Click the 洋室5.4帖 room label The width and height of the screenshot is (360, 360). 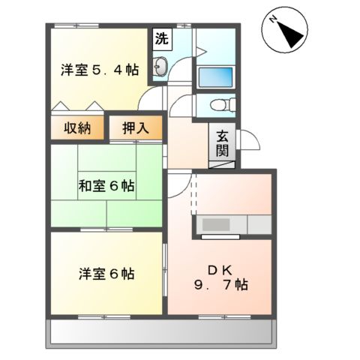tap(99, 69)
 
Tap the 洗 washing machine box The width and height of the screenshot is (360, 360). tap(160, 39)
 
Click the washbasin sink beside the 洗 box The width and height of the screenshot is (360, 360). tap(160, 70)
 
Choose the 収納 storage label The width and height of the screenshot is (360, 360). tap(76, 127)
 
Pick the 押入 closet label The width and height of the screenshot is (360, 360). tap(135, 127)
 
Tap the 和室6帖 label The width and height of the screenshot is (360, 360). tap(106, 184)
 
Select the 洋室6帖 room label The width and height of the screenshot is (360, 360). tap(106, 274)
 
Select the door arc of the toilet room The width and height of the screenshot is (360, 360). tap(180, 105)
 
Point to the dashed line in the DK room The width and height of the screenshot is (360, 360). tap(193, 196)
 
